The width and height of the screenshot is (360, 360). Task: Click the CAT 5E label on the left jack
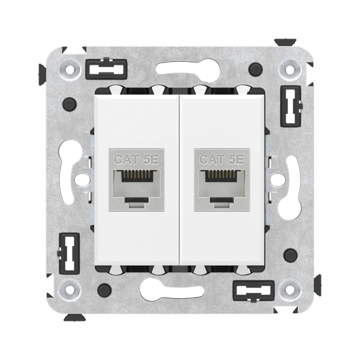tap(136, 159)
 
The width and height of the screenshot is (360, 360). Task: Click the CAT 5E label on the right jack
tap(222, 159)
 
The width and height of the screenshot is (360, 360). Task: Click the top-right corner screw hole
tap(290, 68)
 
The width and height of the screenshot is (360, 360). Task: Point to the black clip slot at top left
tap(106, 69)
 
